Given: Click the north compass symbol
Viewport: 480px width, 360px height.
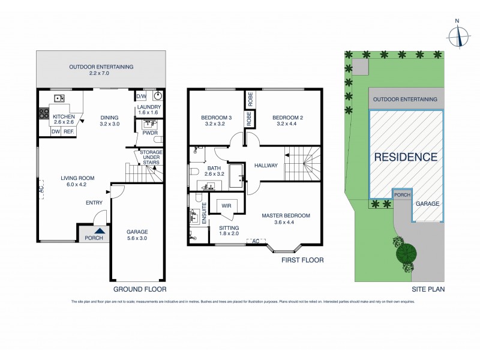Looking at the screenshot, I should click(x=460, y=35).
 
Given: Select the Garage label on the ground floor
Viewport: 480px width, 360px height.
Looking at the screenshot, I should click(x=137, y=235).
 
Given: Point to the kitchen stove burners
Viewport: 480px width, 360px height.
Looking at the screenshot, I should click(x=43, y=112).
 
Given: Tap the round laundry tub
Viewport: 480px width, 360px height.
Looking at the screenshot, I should click(x=158, y=96).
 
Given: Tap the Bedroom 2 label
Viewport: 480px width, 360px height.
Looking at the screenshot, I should click(x=285, y=121).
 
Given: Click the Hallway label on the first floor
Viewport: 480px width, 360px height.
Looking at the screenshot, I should click(x=266, y=166).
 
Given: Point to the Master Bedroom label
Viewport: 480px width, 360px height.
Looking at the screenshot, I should click(x=286, y=219).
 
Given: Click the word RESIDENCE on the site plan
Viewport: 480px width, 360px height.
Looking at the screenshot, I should click(x=406, y=157).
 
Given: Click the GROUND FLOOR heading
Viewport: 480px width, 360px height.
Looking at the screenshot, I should click(x=140, y=280).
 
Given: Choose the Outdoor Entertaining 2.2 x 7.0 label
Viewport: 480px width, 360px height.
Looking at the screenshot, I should click(x=101, y=71).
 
